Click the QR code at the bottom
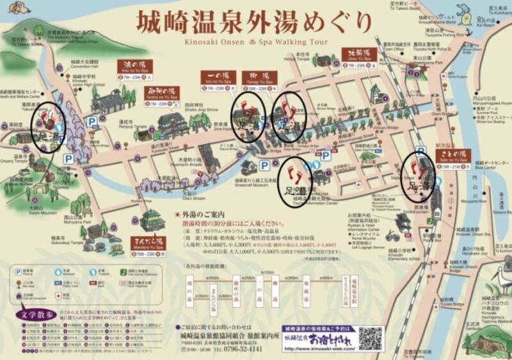tap(370, 336)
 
